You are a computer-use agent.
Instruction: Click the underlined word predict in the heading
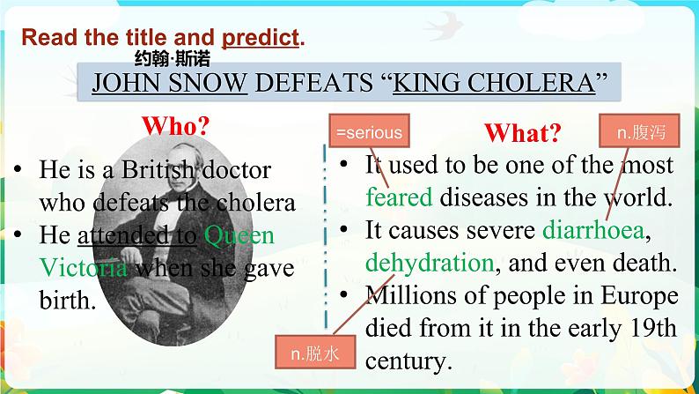tap(261, 38)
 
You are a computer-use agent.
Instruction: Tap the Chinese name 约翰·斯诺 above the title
tap(172, 58)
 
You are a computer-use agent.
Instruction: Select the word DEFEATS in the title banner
tap(313, 83)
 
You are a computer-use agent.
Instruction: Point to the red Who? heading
tap(176, 126)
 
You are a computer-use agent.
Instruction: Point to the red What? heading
tap(523, 132)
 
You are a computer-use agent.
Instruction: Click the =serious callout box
tap(369, 130)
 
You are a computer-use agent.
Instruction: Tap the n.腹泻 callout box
tap(639, 130)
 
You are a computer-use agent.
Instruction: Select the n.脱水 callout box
tap(315, 352)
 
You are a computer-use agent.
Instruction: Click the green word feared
tap(399, 197)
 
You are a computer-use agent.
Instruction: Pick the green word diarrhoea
tap(593, 230)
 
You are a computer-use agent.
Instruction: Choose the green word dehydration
tap(430, 263)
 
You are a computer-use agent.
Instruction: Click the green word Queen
tap(239, 235)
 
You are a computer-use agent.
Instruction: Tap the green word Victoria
tap(84, 268)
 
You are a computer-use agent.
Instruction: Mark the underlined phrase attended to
tap(137, 234)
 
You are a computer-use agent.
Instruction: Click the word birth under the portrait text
tap(68, 300)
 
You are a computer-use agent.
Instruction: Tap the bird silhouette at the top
tap(444, 26)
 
